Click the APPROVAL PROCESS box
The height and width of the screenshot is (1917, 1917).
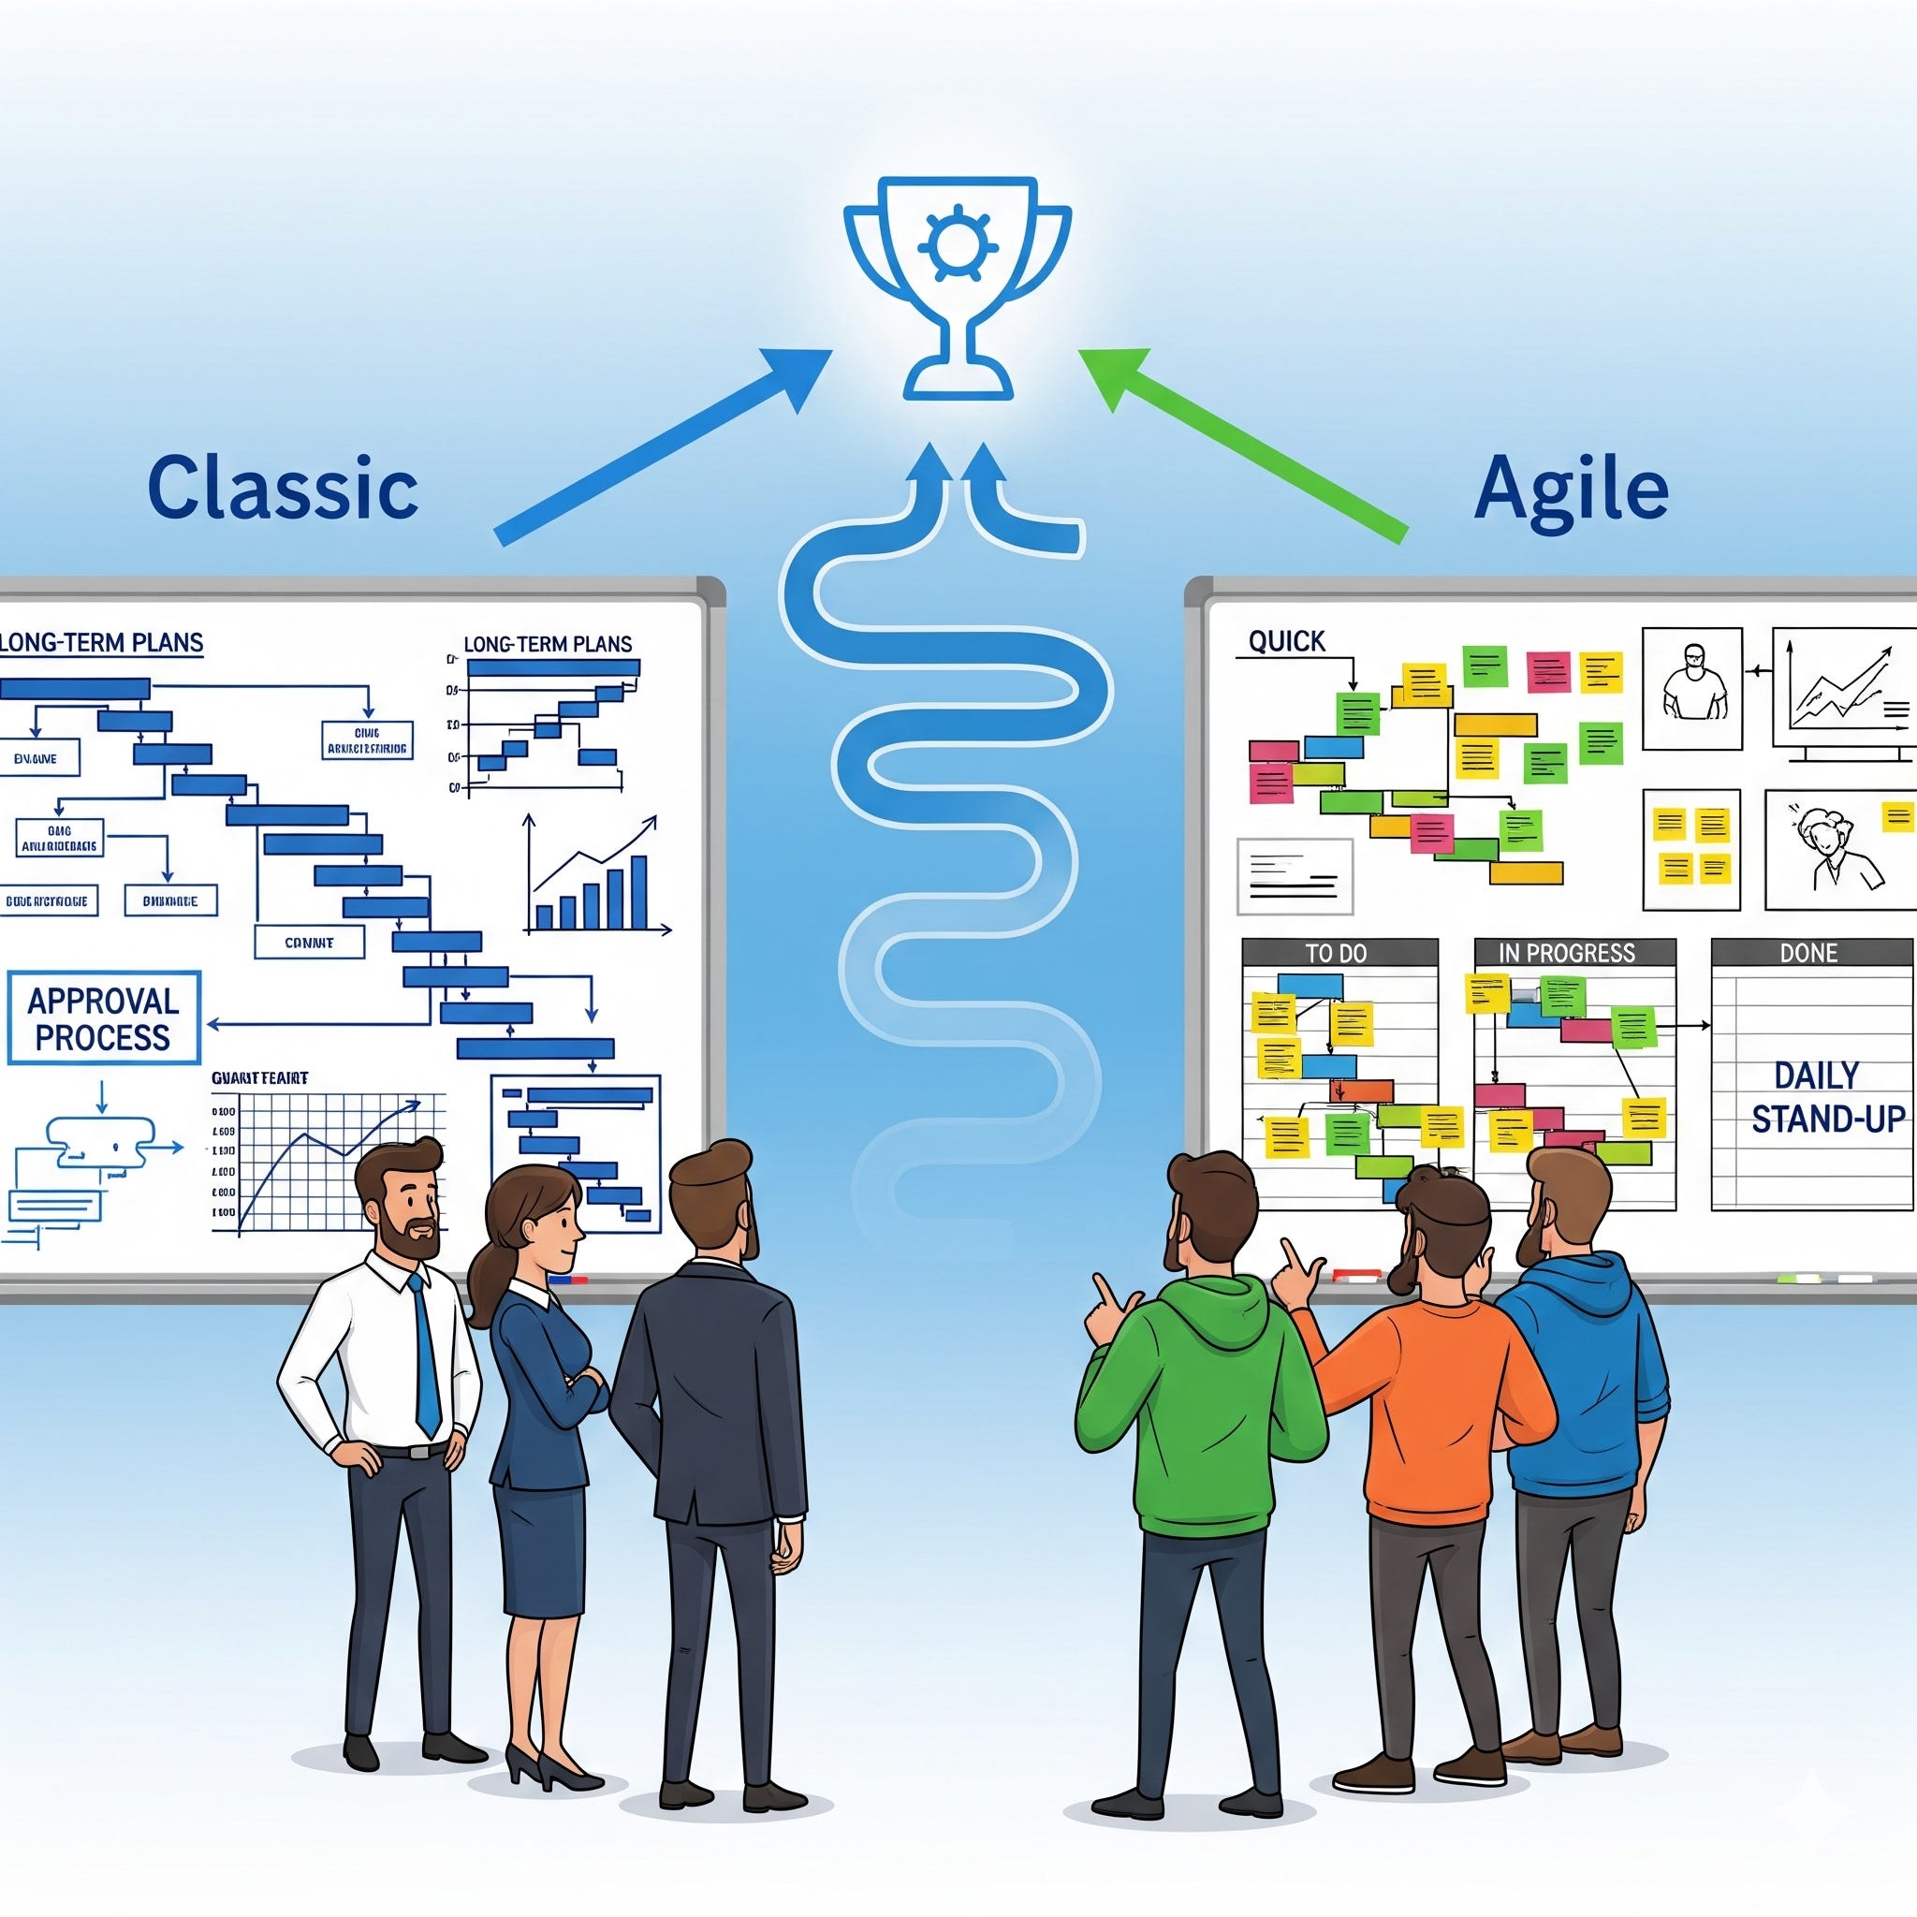[103, 1019]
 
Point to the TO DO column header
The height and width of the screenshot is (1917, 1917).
[1339, 953]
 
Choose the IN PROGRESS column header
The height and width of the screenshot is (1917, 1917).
[1573, 953]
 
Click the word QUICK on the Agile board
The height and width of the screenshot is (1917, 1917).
[1287, 641]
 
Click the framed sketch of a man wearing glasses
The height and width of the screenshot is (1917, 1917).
[1691, 689]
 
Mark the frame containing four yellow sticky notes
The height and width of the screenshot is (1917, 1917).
[1690, 848]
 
